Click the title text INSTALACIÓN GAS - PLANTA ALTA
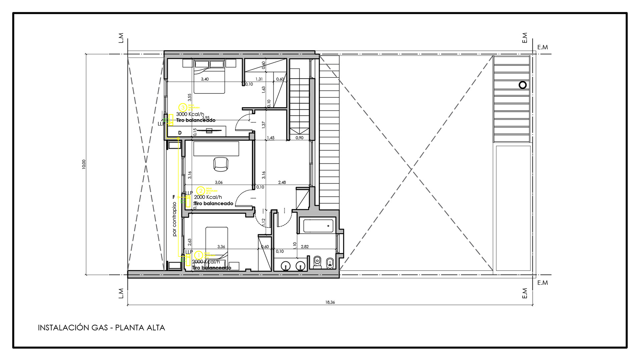pyautogui.click(x=101, y=328)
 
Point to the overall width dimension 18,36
pyautogui.click(x=330, y=302)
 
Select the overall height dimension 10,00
pyautogui.click(x=84, y=164)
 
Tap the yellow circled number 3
pyautogui.click(x=183, y=107)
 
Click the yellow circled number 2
pyautogui.click(x=200, y=191)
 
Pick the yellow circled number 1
pyautogui.click(x=198, y=255)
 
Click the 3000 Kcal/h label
pyautogui.click(x=190, y=114)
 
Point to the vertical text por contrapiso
pyautogui.click(x=174, y=219)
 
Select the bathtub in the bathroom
pyautogui.click(x=318, y=226)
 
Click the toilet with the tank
pyautogui.click(x=317, y=262)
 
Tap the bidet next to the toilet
pyautogui.click(x=330, y=263)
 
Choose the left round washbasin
pyautogui.click(x=286, y=266)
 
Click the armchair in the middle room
pyautogui.click(x=220, y=164)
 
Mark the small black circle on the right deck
pyautogui.click(x=522, y=85)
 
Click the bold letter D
pyautogui.click(x=180, y=133)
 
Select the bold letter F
pyautogui.click(x=174, y=197)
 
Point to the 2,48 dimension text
pyautogui.click(x=282, y=182)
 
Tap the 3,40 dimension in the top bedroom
pyautogui.click(x=205, y=79)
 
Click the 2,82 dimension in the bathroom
pyautogui.click(x=305, y=247)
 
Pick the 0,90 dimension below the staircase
pyautogui.click(x=299, y=138)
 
